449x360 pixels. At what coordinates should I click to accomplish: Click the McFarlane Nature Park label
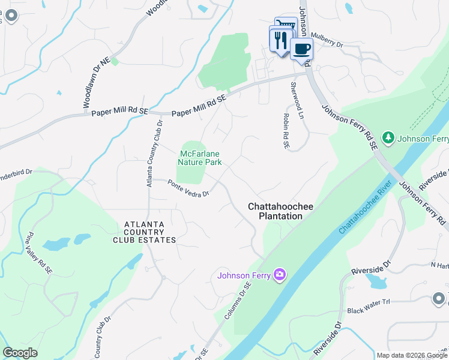click(200, 158)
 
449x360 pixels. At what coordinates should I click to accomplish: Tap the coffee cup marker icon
click(301, 48)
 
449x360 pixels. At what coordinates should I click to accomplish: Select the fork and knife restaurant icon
click(280, 40)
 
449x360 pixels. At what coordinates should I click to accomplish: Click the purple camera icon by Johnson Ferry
click(279, 275)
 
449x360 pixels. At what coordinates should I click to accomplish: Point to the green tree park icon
click(388, 139)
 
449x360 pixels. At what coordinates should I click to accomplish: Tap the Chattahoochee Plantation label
click(280, 211)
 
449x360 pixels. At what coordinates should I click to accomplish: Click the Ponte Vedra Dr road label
click(188, 188)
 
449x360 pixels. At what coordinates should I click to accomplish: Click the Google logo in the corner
click(20, 353)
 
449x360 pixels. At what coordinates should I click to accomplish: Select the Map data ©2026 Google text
click(412, 355)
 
